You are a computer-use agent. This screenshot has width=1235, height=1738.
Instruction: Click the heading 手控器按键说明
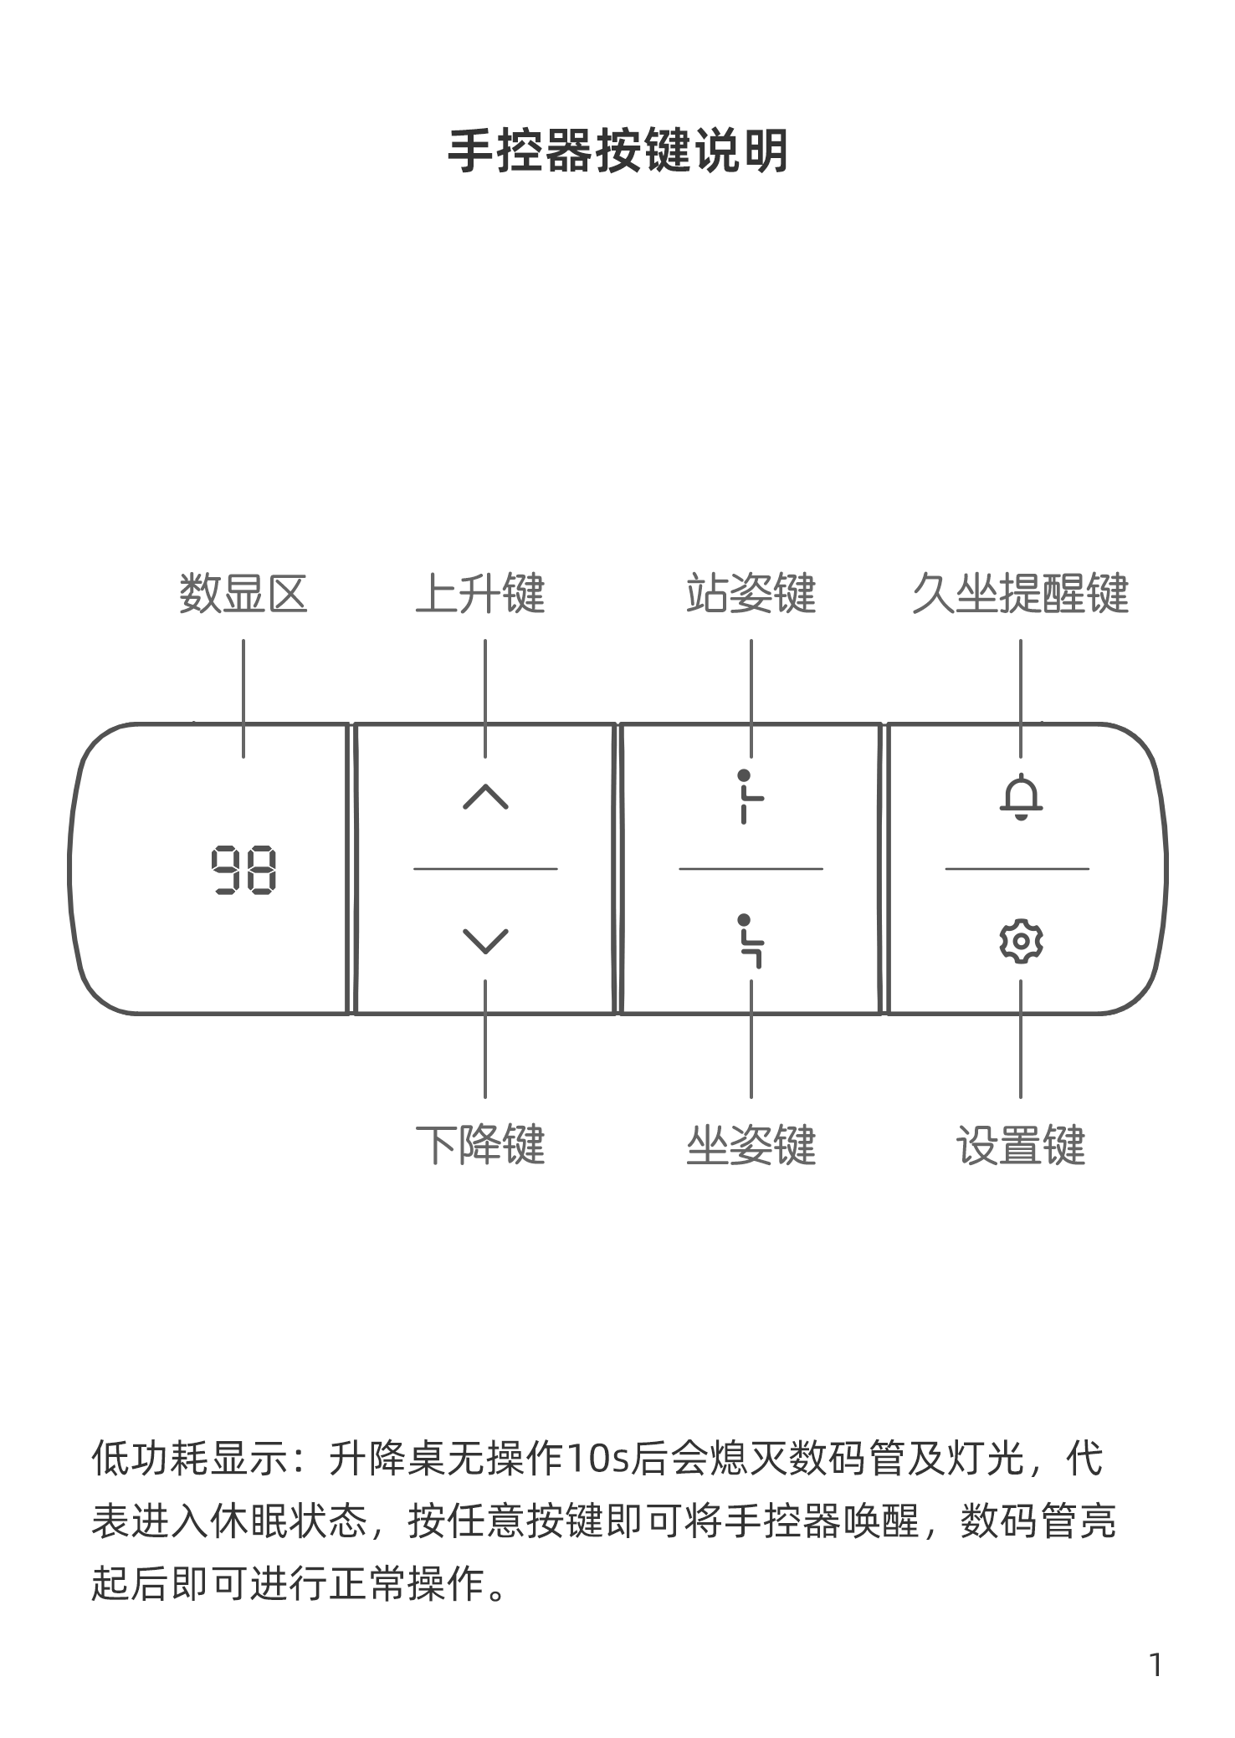617,151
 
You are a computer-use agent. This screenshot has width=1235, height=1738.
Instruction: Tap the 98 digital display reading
243,870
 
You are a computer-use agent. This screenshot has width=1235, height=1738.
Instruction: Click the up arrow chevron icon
485,797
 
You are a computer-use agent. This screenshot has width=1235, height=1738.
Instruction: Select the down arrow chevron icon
485,941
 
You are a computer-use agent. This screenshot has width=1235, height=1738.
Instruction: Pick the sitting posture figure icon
751,941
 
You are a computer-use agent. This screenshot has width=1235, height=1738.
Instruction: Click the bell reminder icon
1021,796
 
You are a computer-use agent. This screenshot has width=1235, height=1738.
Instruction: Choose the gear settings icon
1021,942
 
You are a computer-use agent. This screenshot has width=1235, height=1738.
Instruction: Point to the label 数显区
243,594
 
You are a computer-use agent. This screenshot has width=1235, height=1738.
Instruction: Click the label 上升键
480,594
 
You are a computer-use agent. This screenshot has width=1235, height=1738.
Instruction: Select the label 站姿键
751,594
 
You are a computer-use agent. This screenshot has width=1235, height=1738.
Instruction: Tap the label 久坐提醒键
1020,594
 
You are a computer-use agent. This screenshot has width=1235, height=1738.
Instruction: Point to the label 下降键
480,1145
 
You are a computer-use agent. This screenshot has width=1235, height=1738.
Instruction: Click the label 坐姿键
751,1145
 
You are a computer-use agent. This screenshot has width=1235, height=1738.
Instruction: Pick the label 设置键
1021,1145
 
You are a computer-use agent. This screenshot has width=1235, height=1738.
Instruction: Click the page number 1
1156,1666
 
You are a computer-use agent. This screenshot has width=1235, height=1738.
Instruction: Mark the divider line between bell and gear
1017,869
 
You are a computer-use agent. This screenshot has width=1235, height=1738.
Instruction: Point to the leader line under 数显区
243,699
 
